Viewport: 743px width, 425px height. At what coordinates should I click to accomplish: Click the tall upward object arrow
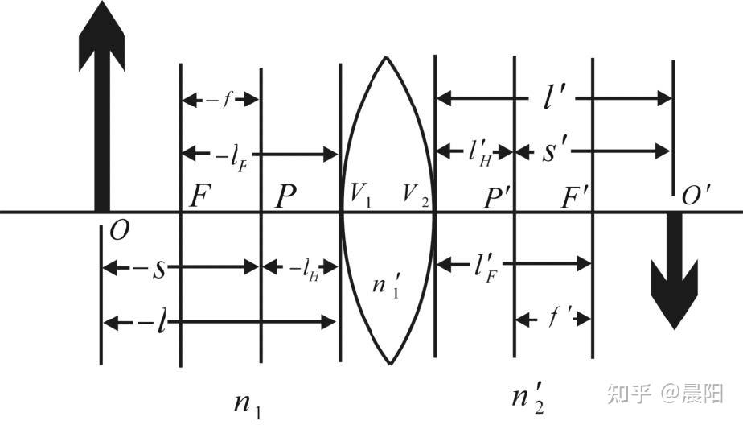(x=101, y=113)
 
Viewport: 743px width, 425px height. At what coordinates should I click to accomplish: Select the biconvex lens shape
(x=388, y=209)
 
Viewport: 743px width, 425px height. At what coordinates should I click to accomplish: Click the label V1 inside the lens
(x=359, y=196)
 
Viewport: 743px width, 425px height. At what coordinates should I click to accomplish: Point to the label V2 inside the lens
(x=415, y=196)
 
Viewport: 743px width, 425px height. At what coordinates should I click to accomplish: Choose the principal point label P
(x=285, y=196)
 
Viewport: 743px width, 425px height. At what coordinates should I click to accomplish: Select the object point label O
(x=118, y=231)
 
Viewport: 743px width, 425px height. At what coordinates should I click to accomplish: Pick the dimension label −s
(x=153, y=266)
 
